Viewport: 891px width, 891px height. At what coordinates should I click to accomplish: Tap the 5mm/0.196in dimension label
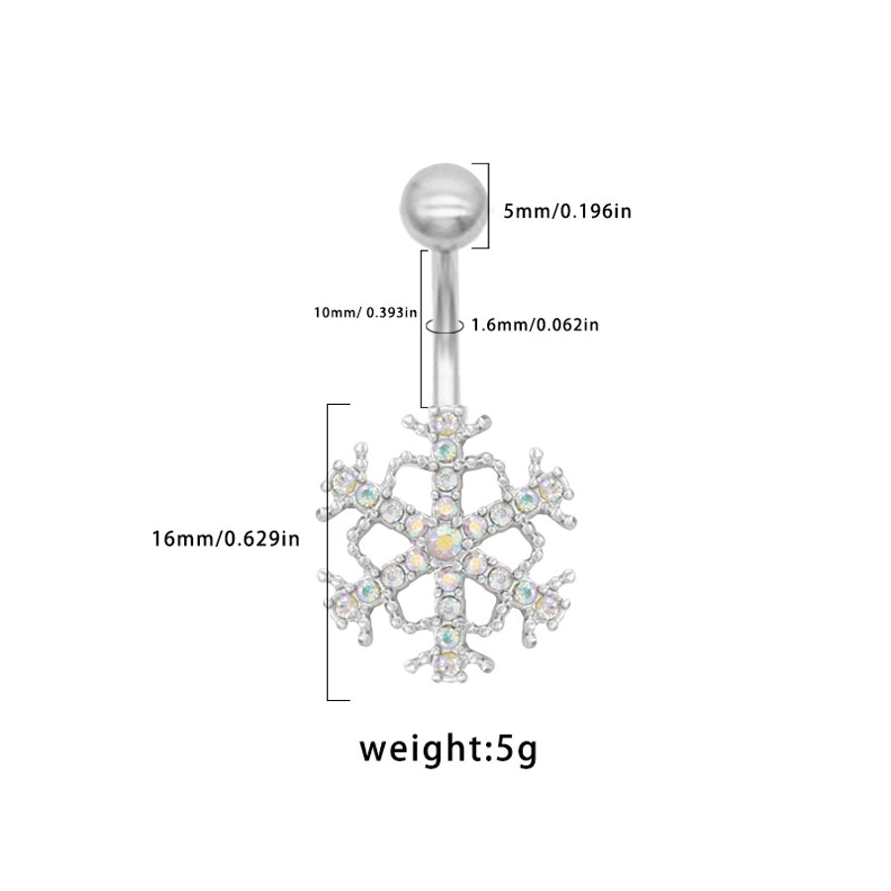567,211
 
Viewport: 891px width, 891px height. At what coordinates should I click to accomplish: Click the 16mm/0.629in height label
225,538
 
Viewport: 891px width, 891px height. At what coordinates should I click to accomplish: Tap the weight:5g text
447,747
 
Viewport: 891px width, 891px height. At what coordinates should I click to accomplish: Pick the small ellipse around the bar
443,326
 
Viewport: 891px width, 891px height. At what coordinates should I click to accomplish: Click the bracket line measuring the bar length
424,329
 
